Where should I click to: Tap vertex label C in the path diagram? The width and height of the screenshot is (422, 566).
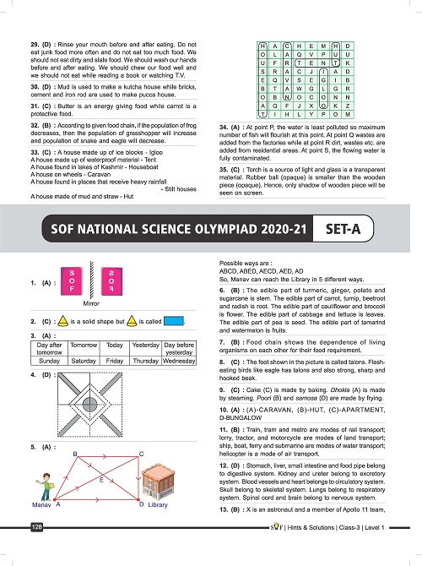coord(142,454)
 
